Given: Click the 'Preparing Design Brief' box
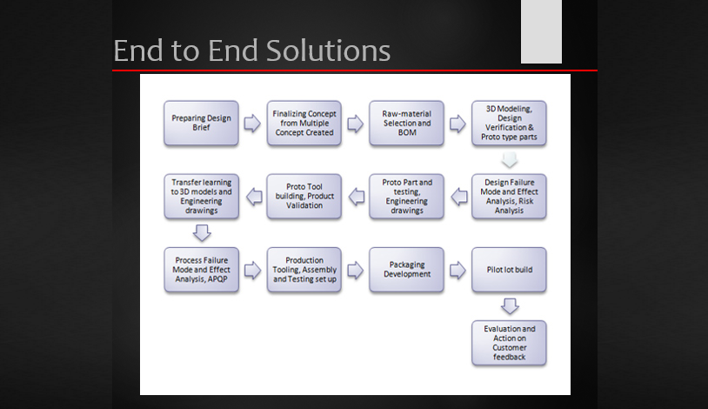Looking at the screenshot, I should click(x=201, y=123).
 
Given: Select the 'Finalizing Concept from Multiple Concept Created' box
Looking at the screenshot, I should click(x=304, y=123).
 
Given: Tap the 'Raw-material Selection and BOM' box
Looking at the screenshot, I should click(x=406, y=123).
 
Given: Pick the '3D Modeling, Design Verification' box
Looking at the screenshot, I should click(x=509, y=123).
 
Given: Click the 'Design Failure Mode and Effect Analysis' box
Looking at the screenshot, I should click(x=509, y=197).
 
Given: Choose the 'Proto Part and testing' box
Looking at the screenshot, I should click(x=406, y=197).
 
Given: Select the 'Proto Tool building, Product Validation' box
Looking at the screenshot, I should click(x=304, y=197).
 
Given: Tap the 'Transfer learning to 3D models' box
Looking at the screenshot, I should click(x=201, y=197).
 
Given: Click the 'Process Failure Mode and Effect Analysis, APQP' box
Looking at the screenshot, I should click(x=201, y=270).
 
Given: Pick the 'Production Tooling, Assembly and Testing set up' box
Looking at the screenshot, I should click(x=304, y=270).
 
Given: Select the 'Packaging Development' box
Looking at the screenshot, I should click(x=406, y=270).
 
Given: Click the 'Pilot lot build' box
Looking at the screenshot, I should click(x=509, y=270).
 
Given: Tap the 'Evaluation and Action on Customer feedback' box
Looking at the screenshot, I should click(x=509, y=343).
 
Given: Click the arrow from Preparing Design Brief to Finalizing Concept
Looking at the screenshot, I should click(x=252, y=124).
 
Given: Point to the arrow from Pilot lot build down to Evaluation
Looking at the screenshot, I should click(x=510, y=306).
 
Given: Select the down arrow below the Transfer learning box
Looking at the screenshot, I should click(x=202, y=232).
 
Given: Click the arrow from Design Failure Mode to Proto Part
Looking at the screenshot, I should click(x=458, y=198).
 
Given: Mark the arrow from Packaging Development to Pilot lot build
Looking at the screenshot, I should click(x=458, y=271).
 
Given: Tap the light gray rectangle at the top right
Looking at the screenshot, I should click(x=541, y=31).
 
